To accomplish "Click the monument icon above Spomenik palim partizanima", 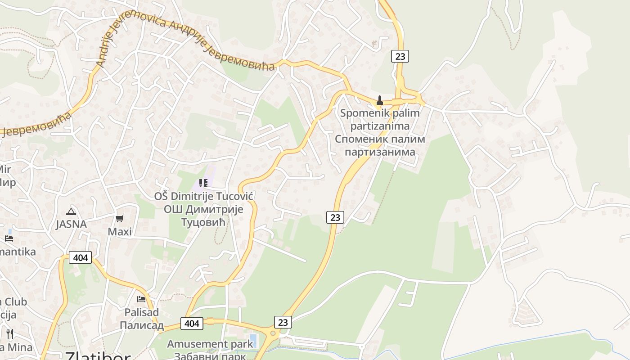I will click(x=380, y=100).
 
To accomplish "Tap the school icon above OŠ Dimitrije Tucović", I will click(x=203, y=183).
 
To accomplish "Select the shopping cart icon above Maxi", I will click(x=119, y=219).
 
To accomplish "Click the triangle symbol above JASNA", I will click(x=71, y=211).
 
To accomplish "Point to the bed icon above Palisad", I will click(x=141, y=299).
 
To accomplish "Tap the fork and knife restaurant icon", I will click(x=10, y=333).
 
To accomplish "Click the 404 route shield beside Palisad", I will click(x=192, y=323).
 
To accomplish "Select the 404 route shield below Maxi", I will click(x=81, y=258).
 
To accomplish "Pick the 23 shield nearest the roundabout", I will click(x=283, y=322).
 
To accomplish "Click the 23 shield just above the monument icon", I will click(x=400, y=56).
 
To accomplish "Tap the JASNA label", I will click(x=71, y=224).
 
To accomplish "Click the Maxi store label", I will click(x=120, y=232).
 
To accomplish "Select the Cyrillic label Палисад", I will click(x=141, y=325).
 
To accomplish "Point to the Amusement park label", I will click(x=210, y=344).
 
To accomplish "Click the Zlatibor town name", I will click(x=98, y=355).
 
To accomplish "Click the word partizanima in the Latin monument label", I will click(x=379, y=126).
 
